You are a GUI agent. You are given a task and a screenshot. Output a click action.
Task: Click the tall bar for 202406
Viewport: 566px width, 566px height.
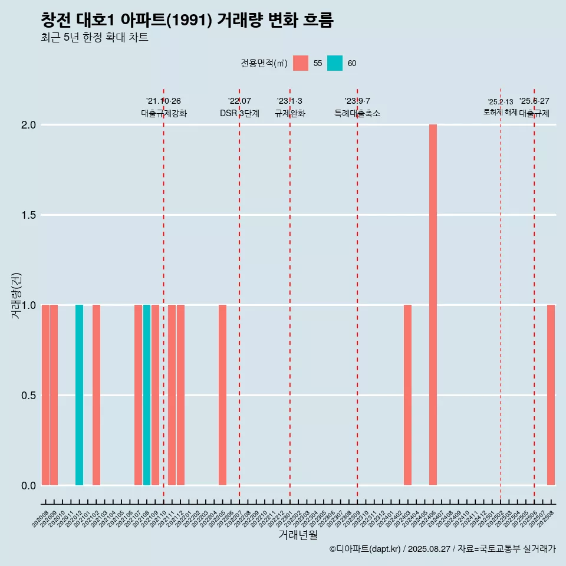(433, 305)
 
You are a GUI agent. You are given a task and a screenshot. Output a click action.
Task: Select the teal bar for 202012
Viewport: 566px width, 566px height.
(79, 395)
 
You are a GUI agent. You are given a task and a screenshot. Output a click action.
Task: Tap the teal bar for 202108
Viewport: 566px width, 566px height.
(147, 395)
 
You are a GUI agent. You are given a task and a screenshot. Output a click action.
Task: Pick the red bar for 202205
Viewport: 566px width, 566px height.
(222, 395)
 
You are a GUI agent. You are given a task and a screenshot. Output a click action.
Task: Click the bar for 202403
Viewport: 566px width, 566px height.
(407, 395)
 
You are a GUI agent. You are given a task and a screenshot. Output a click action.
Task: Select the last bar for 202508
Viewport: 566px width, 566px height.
(551, 395)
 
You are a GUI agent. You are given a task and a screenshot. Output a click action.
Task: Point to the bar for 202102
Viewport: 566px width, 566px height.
(96, 395)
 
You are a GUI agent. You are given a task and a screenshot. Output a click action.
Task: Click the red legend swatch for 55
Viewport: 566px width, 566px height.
(301, 63)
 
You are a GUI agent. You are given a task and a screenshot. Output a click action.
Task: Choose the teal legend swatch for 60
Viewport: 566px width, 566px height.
(334, 63)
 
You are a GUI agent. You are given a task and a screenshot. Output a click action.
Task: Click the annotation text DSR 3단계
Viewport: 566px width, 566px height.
(239, 113)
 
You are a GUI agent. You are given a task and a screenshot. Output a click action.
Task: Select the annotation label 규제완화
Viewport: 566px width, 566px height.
(289, 113)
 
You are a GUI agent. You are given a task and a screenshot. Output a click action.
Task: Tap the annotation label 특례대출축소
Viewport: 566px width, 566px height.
(357, 113)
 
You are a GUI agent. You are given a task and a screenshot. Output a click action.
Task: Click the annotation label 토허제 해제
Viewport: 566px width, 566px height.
(500, 112)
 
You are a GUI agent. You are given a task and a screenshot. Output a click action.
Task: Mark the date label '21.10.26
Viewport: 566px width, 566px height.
(163, 101)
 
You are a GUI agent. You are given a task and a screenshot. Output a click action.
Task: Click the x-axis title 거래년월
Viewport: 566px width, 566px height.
(298, 535)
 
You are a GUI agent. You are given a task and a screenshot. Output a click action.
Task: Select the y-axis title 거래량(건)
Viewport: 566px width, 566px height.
(17, 295)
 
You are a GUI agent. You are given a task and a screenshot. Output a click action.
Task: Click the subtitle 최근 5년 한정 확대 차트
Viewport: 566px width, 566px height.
(94, 38)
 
